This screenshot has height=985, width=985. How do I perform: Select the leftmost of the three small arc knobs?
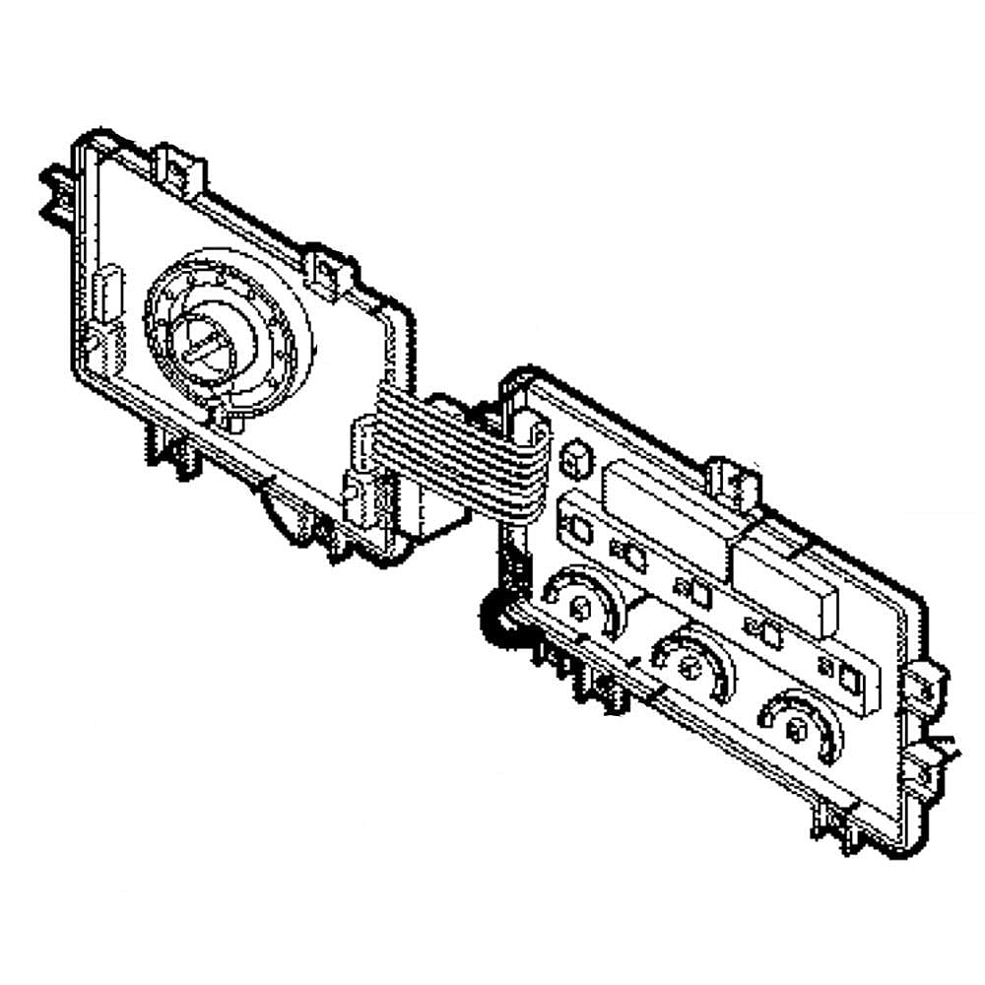coord(581,605)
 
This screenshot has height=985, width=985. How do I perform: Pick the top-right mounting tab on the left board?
coord(327,268)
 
